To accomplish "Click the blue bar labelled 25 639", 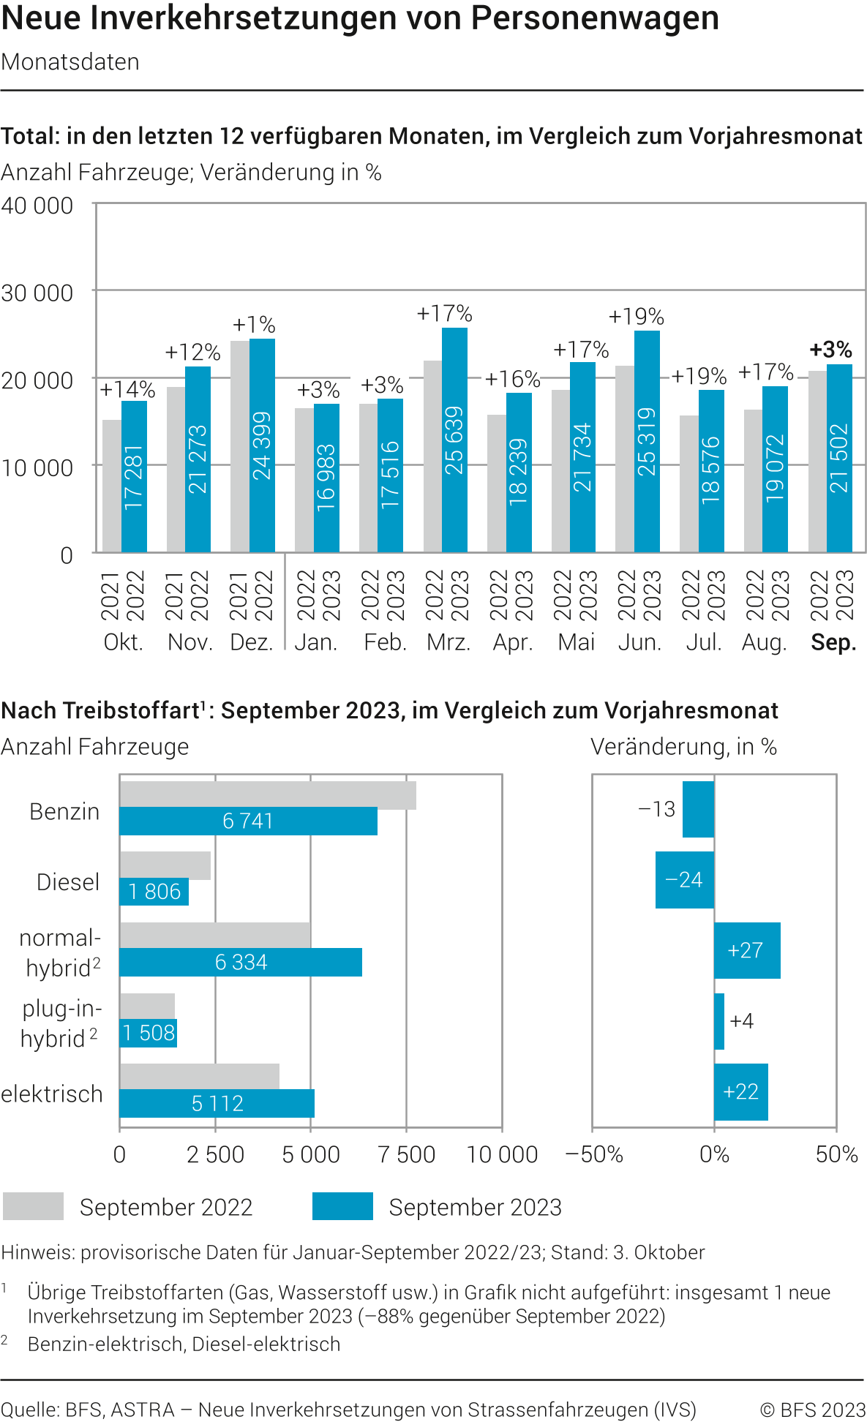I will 454,440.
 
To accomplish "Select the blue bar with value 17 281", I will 134,476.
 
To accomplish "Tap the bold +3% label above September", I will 830,350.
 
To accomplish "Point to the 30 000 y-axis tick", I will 37,293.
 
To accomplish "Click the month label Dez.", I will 251,642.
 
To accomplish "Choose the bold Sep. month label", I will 833,642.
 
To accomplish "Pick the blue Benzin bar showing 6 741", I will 248,821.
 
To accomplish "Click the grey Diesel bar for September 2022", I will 165,865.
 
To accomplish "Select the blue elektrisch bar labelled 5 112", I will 217,1103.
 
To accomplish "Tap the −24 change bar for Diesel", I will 684,880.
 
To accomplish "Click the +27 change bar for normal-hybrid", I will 747,950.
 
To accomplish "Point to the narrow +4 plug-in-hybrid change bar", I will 719,1021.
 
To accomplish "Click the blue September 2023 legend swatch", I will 342,1206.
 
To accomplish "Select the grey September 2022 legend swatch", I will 33,1206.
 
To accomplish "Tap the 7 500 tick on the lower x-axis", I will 406,1154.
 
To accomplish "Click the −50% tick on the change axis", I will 594,1154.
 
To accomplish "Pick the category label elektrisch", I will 52,1094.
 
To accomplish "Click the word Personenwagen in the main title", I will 595,18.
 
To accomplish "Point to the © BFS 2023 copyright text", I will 812,1410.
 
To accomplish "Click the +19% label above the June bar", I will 636,317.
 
